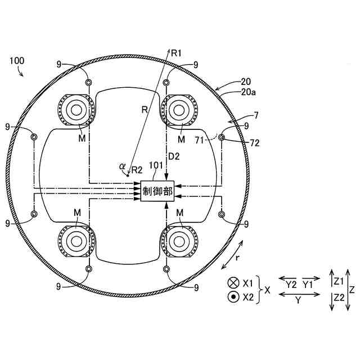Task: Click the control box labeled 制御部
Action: click(157, 191)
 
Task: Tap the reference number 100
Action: click(17, 61)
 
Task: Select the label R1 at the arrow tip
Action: click(176, 53)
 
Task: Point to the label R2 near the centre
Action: click(137, 170)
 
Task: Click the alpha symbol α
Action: click(122, 166)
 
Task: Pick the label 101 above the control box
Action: click(156, 165)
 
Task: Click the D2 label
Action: click(174, 156)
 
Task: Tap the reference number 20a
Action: click(249, 92)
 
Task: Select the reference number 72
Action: click(254, 143)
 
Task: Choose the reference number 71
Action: click(200, 140)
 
